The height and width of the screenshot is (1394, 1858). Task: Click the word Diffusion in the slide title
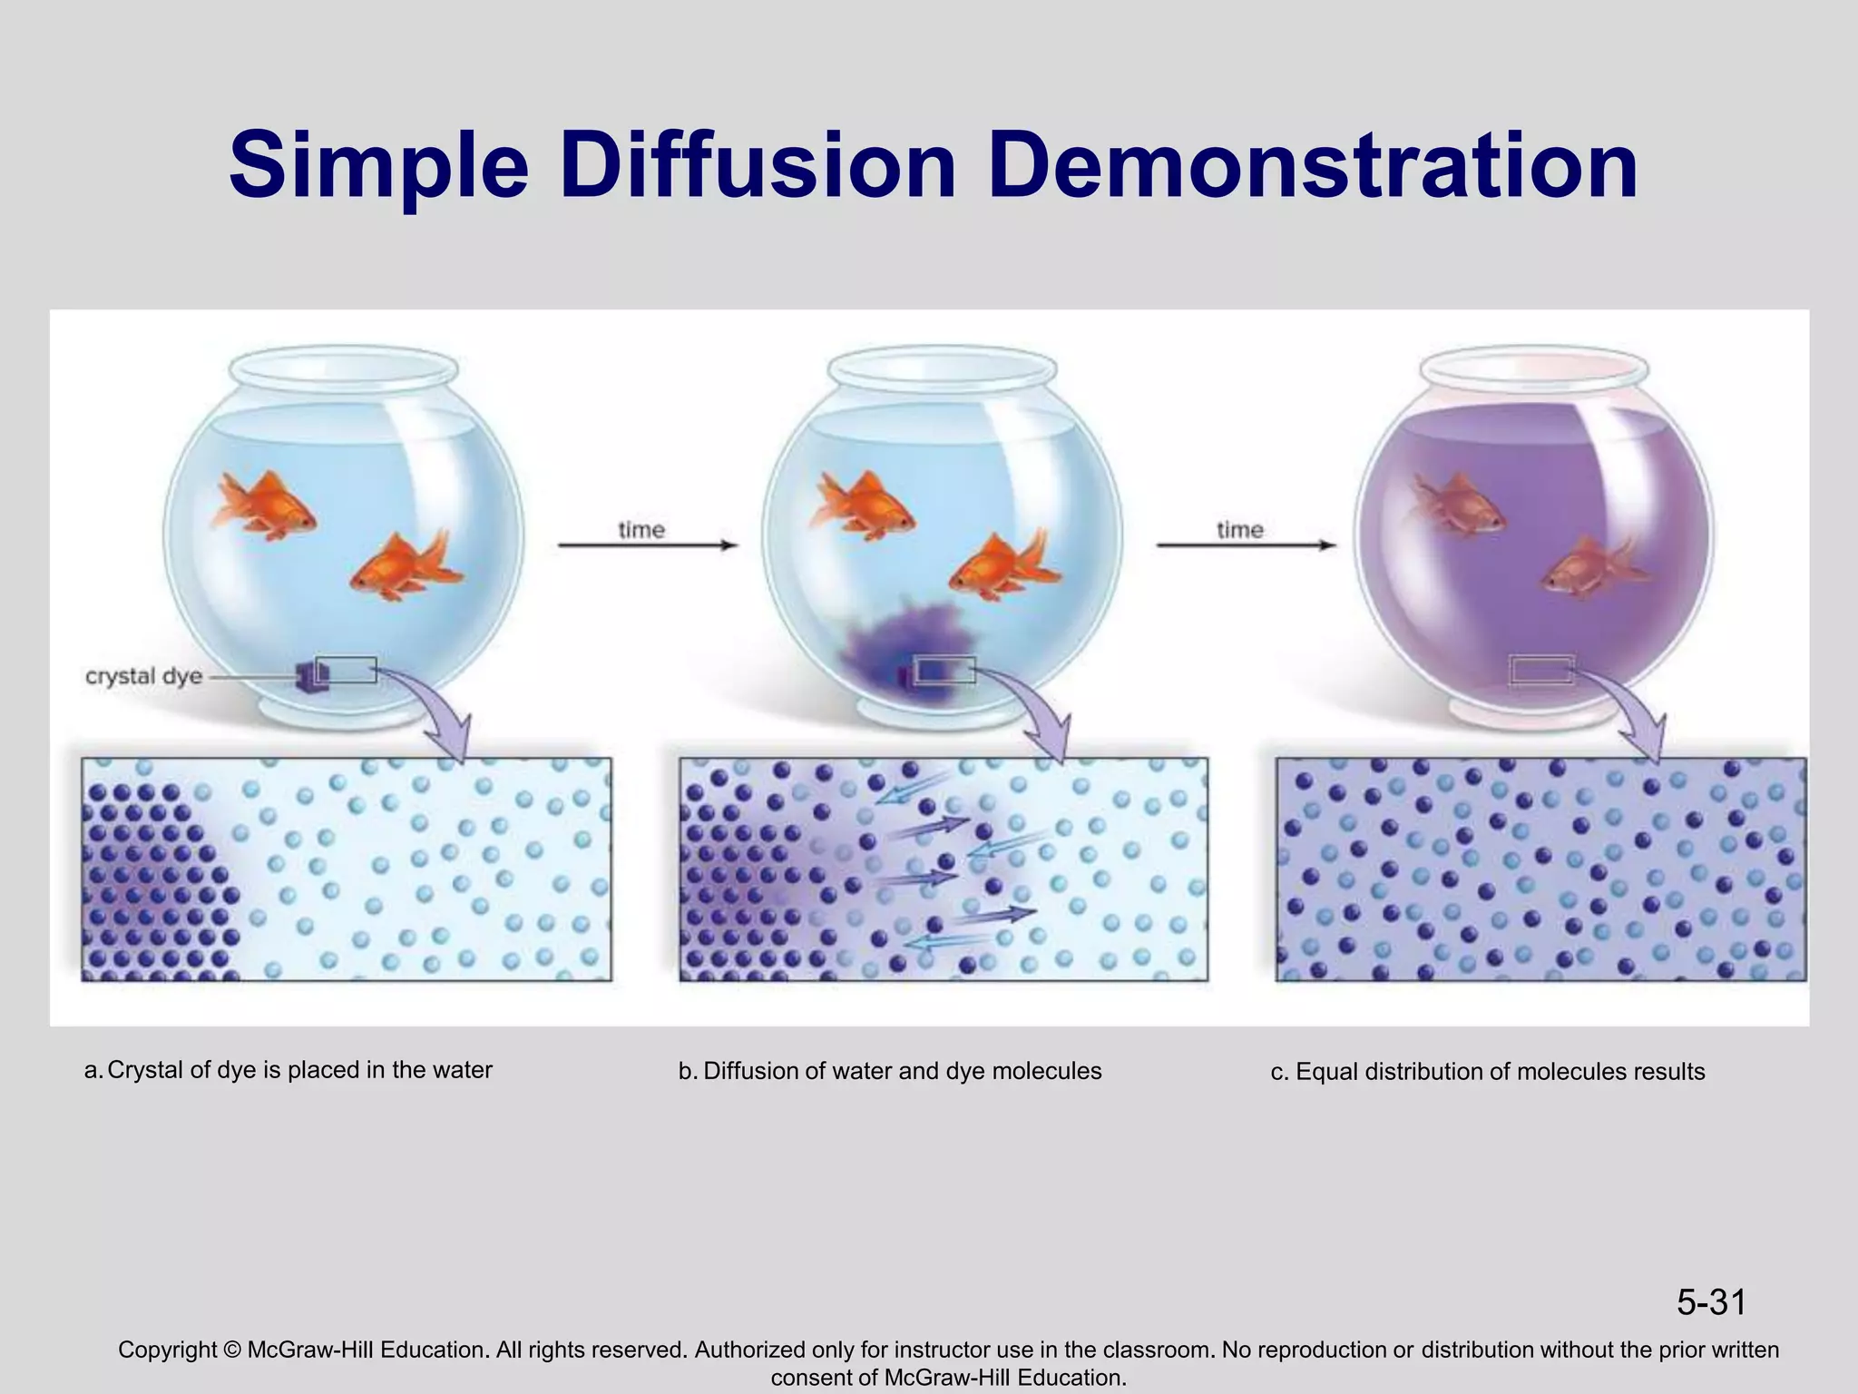click(758, 166)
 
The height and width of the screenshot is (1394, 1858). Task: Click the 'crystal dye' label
click(143, 677)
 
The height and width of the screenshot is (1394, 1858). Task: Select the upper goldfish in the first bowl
click(263, 506)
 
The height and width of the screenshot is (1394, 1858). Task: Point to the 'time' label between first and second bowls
click(641, 529)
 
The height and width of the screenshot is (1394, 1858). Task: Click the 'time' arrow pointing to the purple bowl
click(1245, 545)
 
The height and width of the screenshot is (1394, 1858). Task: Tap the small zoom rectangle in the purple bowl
click(1540, 670)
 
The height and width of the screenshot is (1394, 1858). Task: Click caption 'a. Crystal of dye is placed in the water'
click(288, 1070)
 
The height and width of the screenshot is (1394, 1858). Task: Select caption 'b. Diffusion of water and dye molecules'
click(890, 1071)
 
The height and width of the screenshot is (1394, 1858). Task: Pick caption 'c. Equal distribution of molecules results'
click(1488, 1072)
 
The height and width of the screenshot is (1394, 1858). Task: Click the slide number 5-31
click(1711, 1302)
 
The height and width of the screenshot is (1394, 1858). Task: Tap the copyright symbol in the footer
click(230, 1350)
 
